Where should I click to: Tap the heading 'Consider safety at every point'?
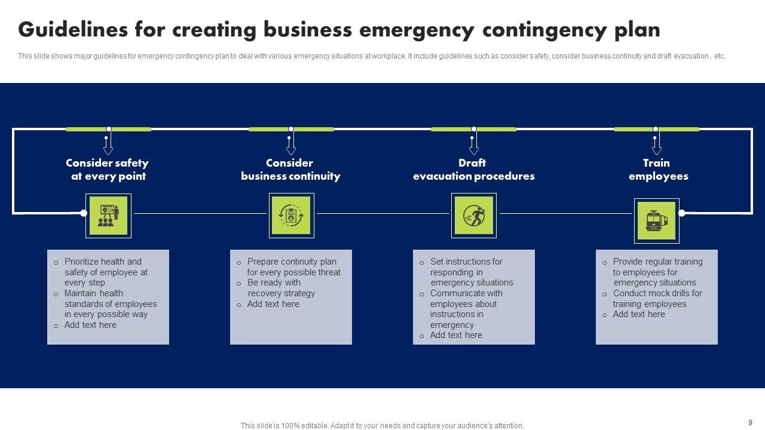[x=108, y=170]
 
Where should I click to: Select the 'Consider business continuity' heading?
[x=290, y=170]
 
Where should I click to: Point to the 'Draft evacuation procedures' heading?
[x=473, y=170]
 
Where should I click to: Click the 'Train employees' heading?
[x=657, y=170]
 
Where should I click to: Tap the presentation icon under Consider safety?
[x=108, y=216]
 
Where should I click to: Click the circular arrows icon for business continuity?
[x=291, y=216]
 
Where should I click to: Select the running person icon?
[x=474, y=216]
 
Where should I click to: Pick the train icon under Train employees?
[x=656, y=221]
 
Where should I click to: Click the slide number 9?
[x=750, y=423]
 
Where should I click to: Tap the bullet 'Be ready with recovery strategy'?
[x=281, y=288]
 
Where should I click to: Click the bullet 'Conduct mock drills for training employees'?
[x=657, y=299]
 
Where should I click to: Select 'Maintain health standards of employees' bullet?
[x=110, y=304]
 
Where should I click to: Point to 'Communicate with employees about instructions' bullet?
[x=466, y=309]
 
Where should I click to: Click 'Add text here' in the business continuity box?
[x=273, y=304]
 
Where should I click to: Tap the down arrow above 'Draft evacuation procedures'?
[x=474, y=146]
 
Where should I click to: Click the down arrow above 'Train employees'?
[x=656, y=146]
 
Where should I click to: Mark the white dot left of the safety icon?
[x=84, y=213]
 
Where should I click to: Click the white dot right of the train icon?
[x=681, y=213]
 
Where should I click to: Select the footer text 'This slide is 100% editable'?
[x=382, y=426]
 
